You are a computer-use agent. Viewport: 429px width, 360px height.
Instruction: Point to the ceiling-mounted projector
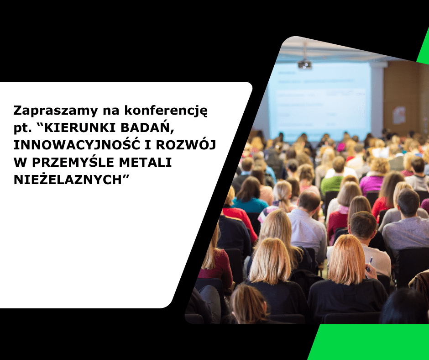click(304, 64)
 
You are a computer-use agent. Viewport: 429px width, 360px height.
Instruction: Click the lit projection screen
click(319, 101)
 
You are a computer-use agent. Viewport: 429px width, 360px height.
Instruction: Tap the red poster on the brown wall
click(399, 115)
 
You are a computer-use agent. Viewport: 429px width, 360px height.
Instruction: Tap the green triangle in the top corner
click(424, 53)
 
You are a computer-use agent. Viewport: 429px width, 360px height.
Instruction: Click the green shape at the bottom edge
click(370, 343)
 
